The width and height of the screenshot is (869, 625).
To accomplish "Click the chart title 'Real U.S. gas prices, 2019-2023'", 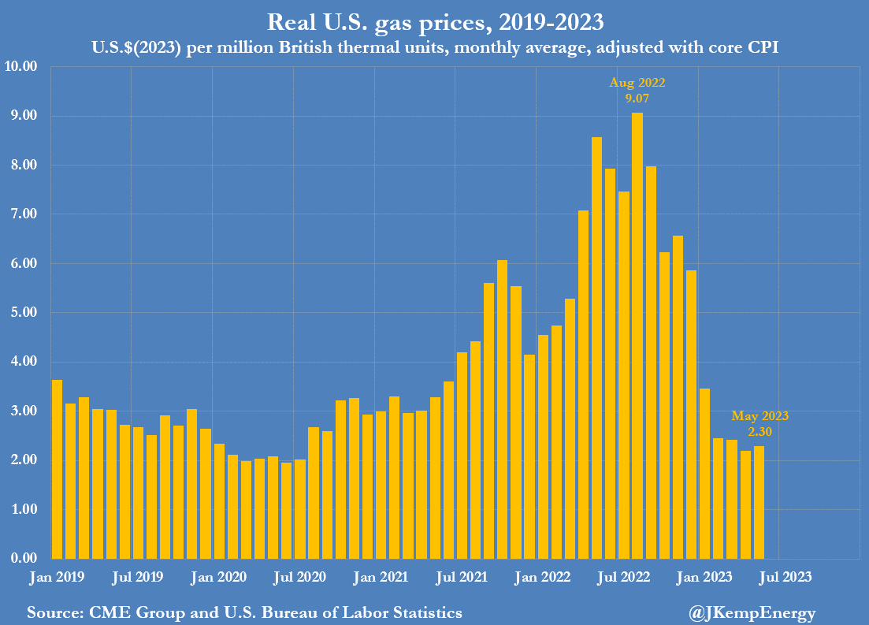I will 434,21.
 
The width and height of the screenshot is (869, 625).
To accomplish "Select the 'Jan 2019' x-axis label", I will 57,577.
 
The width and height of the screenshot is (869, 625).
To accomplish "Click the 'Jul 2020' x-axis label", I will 299,577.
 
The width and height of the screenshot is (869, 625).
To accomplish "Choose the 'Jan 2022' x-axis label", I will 543,577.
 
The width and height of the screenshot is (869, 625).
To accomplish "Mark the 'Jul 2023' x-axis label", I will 785,577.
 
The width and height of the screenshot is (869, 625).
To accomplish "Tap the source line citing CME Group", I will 244,612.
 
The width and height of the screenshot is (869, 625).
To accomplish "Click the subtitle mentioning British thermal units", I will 434,48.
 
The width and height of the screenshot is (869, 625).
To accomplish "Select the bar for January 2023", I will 704,473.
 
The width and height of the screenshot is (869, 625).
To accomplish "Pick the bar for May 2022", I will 596,348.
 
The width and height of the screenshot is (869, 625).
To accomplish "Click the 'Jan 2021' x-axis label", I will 381,577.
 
